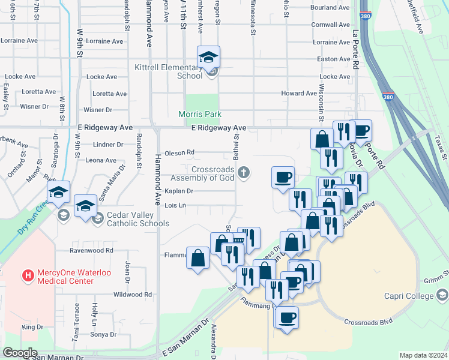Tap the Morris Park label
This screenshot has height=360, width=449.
pos(200,114)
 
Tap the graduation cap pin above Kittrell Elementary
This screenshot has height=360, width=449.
pos(208,58)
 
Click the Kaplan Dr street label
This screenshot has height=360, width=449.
pos(178,191)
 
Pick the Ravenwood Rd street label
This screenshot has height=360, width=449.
pos(91,250)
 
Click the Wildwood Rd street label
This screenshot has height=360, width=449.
pos(133,295)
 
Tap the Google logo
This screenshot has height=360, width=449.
pos(20,353)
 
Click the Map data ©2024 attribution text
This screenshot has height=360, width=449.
pos(423,355)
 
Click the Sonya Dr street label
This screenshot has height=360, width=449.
pos(104,334)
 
